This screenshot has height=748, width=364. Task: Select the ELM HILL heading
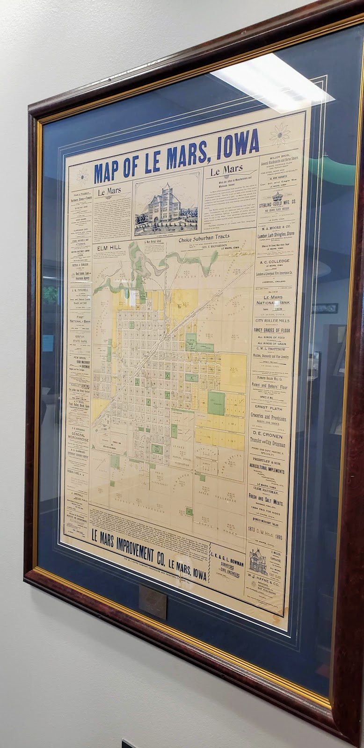coord(108,248)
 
